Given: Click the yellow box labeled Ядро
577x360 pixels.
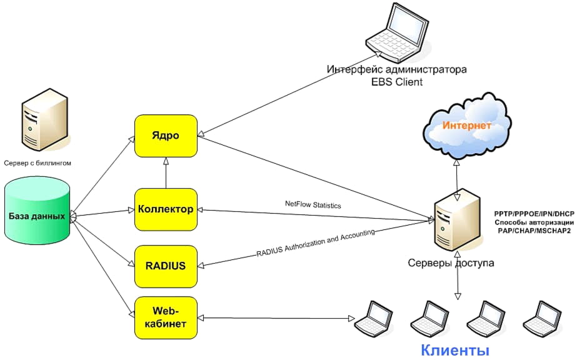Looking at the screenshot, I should click(166, 136).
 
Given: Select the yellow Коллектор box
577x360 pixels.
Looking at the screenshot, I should click(166, 209).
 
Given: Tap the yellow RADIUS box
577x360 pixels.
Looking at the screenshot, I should click(166, 266).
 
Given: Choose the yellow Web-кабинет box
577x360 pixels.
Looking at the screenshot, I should click(166, 317).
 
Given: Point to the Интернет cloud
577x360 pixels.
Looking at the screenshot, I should click(466, 127).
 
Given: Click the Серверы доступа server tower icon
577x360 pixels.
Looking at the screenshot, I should click(459, 220).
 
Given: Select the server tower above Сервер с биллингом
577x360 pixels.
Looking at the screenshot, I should click(38, 122).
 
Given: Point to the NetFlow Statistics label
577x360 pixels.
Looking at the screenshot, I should click(313, 204).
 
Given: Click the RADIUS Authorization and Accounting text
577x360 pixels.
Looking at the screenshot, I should click(316, 243).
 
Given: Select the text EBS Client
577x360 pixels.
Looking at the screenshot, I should click(398, 82).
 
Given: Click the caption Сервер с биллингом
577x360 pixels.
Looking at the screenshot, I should click(38, 162).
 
